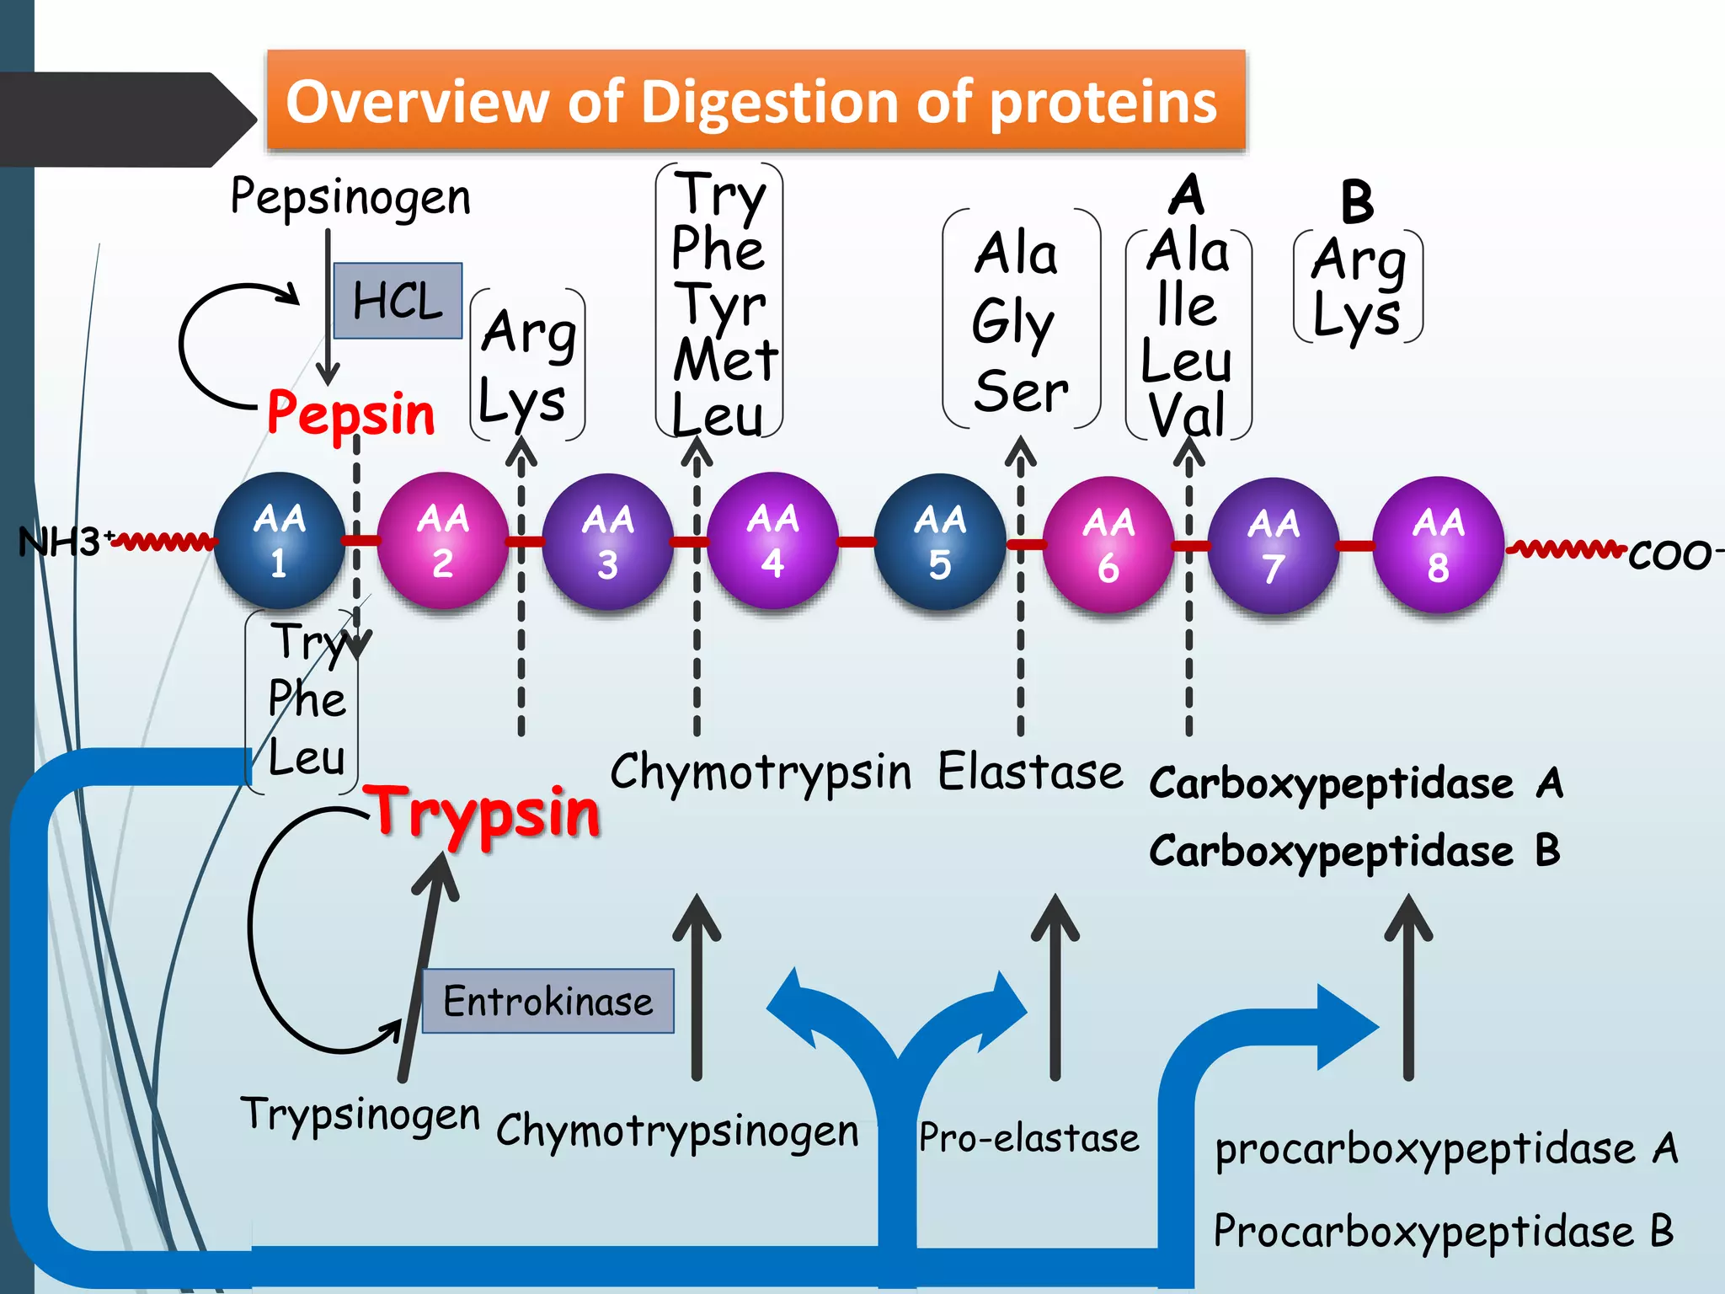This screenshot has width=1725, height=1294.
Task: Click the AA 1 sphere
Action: click(x=280, y=540)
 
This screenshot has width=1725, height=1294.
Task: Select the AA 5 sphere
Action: click(x=940, y=542)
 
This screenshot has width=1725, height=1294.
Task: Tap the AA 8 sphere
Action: click(x=1438, y=544)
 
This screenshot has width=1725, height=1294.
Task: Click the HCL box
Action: click(x=398, y=301)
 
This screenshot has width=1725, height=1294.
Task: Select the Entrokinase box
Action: click(x=547, y=1001)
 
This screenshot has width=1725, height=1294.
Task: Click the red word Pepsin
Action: click(x=350, y=414)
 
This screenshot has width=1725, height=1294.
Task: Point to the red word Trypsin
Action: click(x=486, y=812)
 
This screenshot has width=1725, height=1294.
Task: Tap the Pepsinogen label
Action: click(x=350, y=197)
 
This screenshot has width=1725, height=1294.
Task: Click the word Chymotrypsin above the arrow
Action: click(x=761, y=772)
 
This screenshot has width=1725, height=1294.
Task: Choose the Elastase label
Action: click(x=1030, y=772)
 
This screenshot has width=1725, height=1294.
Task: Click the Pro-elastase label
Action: click(x=1028, y=1137)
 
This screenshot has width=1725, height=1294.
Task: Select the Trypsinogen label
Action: click(x=360, y=1114)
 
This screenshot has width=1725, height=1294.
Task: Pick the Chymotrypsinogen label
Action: click(x=677, y=1131)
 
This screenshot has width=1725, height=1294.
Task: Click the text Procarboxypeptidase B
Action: click(x=1443, y=1231)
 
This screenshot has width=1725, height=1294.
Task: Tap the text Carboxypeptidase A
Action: click(x=1355, y=783)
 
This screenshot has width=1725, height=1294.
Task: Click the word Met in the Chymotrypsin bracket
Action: click(x=725, y=361)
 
